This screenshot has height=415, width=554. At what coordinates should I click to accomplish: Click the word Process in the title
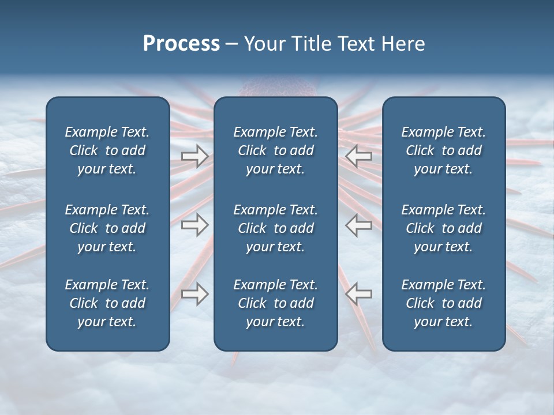click(181, 44)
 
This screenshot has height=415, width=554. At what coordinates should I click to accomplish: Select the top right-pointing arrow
click(194, 156)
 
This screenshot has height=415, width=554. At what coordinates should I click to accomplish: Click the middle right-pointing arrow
click(194, 225)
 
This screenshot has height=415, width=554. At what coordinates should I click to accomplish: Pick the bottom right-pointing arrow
click(194, 294)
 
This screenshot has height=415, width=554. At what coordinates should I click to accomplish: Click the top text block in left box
click(107, 150)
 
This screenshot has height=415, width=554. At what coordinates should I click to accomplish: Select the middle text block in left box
click(107, 228)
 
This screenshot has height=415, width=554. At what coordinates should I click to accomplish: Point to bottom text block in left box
click(107, 303)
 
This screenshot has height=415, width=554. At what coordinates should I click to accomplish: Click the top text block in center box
click(275, 150)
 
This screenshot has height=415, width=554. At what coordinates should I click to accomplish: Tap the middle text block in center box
click(275, 228)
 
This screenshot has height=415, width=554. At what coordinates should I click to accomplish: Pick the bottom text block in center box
click(275, 303)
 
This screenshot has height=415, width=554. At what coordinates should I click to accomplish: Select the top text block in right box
click(443, 150)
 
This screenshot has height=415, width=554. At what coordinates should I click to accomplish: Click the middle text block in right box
click(443, 228)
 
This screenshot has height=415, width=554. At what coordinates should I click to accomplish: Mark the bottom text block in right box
click(443, 303)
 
